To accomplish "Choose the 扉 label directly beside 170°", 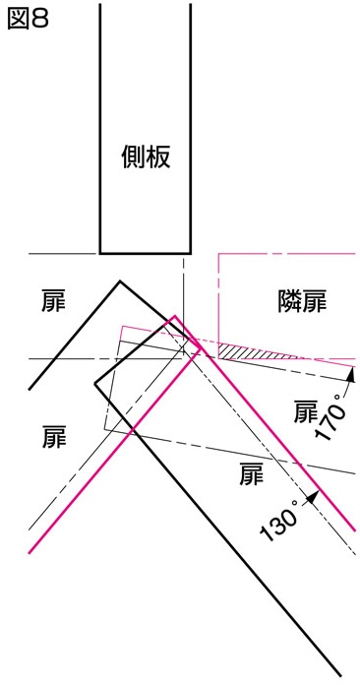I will click(307, 411).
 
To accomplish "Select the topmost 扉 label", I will click(53, 300).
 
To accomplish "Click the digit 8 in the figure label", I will click(40, 19).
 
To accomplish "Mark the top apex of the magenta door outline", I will click(175, 317).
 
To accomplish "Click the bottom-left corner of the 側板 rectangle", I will click(100, 252).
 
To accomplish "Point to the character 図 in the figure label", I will click(18, 19).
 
